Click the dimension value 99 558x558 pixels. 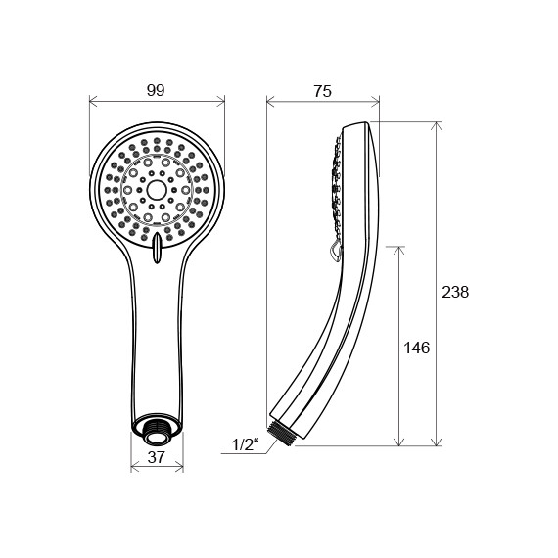pyautogui.click(x=155, y=90)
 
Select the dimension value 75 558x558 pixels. pyautogui.click(x=322, y=91)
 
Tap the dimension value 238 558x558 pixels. pyautogui.click(x=455, y=292)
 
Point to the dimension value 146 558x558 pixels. pyautogui.click(x=416, y=348)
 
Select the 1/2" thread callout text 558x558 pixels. pyautogui.click(x=244, y=446)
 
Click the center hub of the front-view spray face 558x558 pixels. pyautogui.click(x=157, y=186)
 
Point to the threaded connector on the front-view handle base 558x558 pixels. pyautogui.click(x=157, y=427)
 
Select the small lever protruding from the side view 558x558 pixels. pyautogui.click(x=335, y=253)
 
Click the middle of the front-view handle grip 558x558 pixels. pyautogui.click(x=157, y=333)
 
